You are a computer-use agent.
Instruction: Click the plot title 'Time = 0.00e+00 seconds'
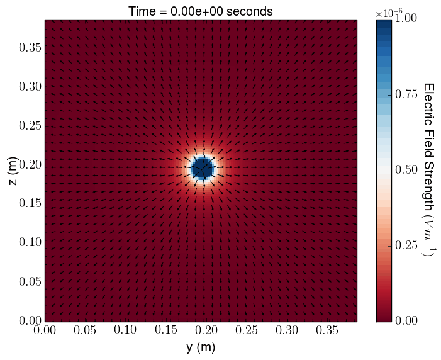tap(200, 11)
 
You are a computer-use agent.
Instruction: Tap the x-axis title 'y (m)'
tap(201, 347)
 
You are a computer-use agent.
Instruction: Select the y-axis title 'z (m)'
tap(13, 170)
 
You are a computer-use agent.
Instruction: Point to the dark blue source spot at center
tap(203, 169)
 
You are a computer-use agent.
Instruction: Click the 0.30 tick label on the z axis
tap(28, 86)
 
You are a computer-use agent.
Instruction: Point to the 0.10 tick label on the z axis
tap(28, 242)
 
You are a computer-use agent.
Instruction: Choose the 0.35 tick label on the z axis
tap(28, 47)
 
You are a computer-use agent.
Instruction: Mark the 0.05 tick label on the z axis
tap(28, 281)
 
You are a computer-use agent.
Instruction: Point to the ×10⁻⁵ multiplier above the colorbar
tap(389, 13)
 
